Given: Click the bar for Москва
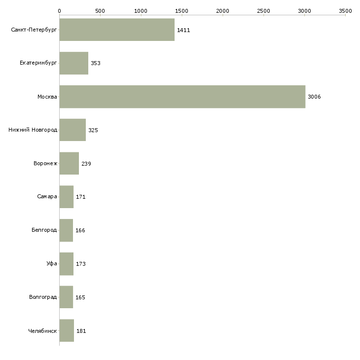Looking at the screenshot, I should click(182, 97).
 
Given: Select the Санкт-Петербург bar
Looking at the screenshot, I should click(117, 30).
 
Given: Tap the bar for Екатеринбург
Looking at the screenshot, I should click(74, 63).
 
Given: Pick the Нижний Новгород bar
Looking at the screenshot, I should click(72, 130).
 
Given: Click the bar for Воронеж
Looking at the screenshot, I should click(69, 164).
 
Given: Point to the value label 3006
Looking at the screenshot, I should click(314, 97).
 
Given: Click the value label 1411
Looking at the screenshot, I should click(183, 31).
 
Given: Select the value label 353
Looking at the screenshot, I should click(96, 64).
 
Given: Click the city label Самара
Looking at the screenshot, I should click(47, 197).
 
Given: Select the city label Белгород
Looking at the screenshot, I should click(44, 230).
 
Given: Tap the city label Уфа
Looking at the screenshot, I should click(52, 264).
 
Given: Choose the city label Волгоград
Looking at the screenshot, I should click(43, 297).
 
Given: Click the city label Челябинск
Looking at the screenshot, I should click(42, 331).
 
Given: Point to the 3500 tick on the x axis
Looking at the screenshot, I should click(345, 10).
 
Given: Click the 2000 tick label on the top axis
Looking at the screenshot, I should click(222, 10).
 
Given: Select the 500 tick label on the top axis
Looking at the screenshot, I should click(100, 10).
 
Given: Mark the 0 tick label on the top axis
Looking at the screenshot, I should click(59, 10).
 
